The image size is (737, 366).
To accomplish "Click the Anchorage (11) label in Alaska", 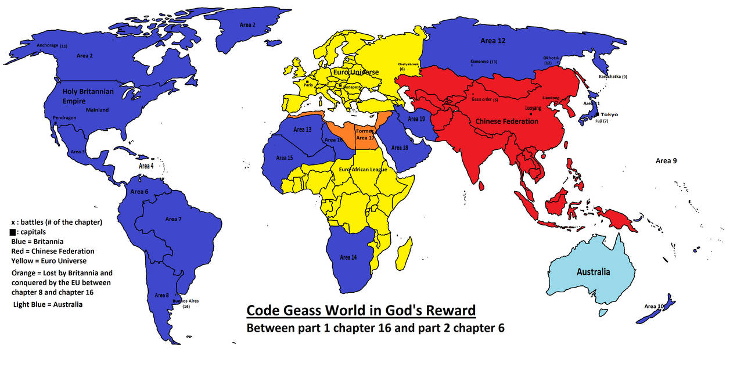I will click(x=52, y=45).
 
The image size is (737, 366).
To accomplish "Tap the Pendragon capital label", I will click(x=64, y=117).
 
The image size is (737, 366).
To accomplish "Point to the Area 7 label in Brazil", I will click(x=173, y=219).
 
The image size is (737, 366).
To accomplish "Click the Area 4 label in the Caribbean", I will click(x=146, y=166).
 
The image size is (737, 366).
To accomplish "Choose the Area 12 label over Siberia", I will click(x=493, y=41).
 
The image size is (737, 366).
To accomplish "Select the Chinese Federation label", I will click(x=507, y=121).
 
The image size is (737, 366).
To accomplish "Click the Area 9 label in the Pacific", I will click(x=666, y=160).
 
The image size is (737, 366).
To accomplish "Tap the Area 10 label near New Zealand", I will click(x=654, y=306).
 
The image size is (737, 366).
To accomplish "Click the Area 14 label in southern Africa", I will click(x=348, y=257).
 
